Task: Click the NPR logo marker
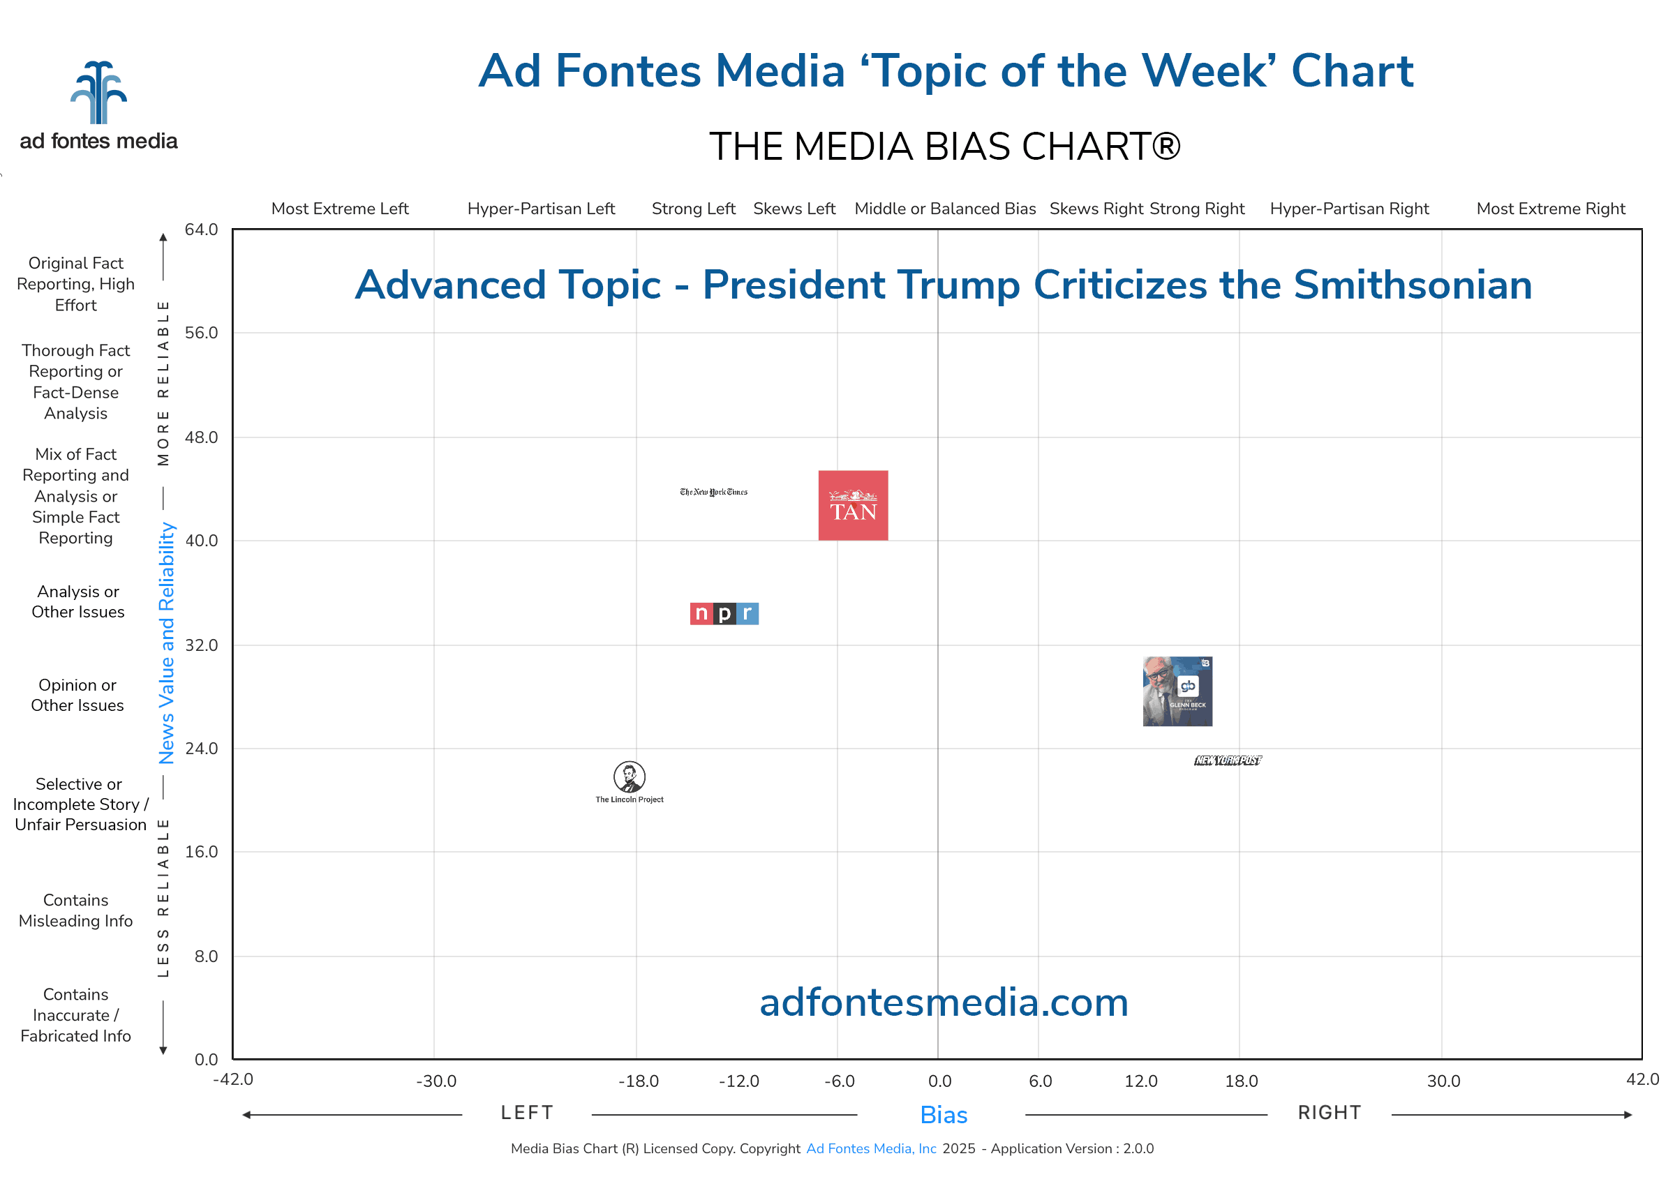(x=724, y=613)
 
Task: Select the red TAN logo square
(x=852, y=505)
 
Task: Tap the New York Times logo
(x=714, y=493)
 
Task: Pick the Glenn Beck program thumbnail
(x=1177, y=691)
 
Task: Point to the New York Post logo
(x=1228, y=760)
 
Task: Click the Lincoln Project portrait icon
(x=629, y=777)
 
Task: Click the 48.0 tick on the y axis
(x=201, y=437)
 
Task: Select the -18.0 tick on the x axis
(x=638, y=1081)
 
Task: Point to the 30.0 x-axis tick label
(x=1443, y=1081)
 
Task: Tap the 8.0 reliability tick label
(x=206, y=956)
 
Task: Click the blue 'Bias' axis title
(x=943, y=1115)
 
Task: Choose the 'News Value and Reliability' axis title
(x=167, y=643)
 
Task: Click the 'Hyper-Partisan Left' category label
(x=541, y=209)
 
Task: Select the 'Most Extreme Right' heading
(x=1550, y=209)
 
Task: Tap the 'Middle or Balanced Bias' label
(x=944, y=209)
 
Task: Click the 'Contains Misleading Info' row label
(x=76, y=910)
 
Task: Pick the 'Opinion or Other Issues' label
(x=77, y=696)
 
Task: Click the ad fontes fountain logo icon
(x=98, y=93)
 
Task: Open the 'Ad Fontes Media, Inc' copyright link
(x=871, y=1149)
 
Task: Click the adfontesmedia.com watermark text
(x=943, y=1003)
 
